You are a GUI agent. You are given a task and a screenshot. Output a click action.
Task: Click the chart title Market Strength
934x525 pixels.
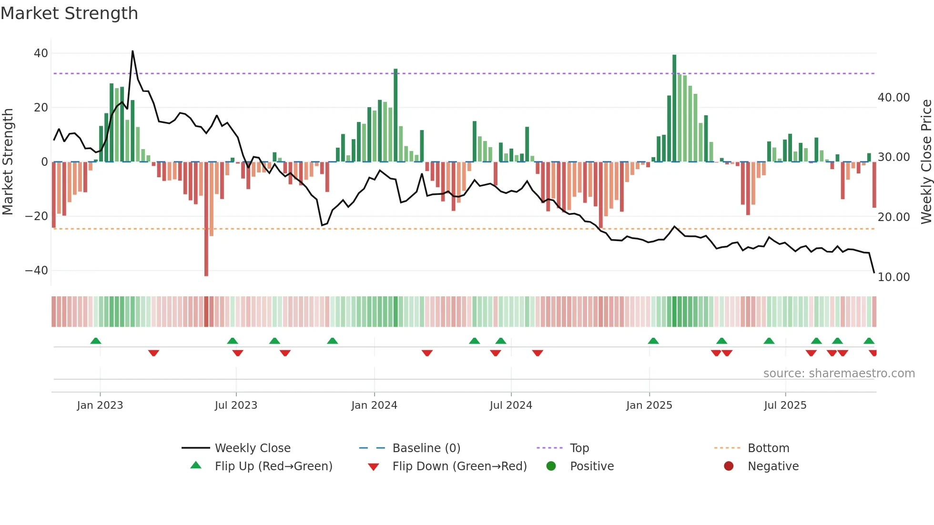point(69,13)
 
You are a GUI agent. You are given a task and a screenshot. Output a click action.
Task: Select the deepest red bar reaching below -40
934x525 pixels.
point(206,219)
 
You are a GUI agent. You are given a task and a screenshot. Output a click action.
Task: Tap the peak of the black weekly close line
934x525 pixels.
point(132,51)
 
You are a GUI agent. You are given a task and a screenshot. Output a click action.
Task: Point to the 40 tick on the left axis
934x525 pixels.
point(41,53)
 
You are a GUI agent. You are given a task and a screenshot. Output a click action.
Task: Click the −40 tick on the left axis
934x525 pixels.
point(37,271)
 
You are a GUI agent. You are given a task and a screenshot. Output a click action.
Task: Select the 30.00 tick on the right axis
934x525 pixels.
point(893,157)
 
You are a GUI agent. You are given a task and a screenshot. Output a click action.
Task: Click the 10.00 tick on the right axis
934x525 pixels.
point(893,277)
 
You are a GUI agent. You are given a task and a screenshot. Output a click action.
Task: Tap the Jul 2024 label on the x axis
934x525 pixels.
point(511,405)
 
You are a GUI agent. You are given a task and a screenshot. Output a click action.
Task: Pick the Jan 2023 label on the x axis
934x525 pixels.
point(100,405)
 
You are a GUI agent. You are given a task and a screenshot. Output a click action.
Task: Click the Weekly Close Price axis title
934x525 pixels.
point(926,162)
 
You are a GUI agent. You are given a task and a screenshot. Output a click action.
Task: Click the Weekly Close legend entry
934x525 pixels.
point(253,448)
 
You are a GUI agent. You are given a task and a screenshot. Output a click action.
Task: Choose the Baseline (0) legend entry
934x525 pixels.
point(426,448)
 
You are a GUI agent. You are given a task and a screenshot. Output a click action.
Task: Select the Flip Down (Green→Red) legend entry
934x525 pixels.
point(459,466)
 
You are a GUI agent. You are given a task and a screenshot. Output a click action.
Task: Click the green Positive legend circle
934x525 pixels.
point(551,466)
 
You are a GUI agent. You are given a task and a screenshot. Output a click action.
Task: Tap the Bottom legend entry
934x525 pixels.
point(768,448)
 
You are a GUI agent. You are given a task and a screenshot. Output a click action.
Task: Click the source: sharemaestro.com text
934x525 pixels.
point(839,374)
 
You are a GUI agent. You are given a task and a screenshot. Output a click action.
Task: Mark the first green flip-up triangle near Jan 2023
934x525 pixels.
point(96,341)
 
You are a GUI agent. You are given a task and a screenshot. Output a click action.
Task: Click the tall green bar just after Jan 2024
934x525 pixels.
point(396,114)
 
